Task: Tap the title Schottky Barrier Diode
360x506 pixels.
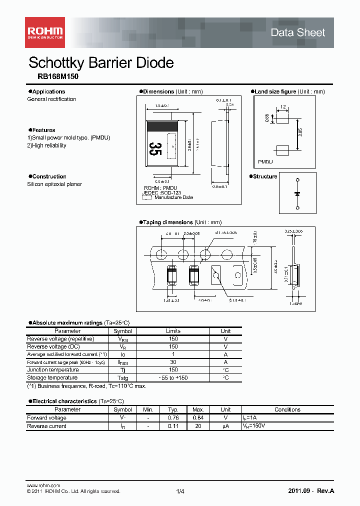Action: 101,63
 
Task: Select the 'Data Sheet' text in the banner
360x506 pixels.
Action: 297,33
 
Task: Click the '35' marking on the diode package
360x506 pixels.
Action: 155,149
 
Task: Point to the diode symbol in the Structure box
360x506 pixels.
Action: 297,193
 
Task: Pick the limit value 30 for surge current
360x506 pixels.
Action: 173,362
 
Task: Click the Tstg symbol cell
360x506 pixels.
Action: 122,378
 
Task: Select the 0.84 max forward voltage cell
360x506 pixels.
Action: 197,418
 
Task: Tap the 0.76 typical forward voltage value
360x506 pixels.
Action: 173,418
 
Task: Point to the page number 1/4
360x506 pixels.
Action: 180,491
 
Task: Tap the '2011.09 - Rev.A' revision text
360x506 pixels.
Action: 311,491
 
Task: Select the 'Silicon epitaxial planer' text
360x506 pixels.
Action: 54,184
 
